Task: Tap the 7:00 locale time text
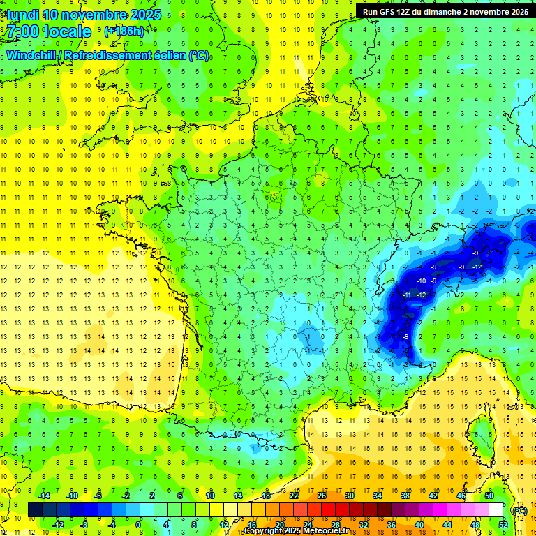(x=50, y=31)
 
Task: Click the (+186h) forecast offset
(x=124, y=31)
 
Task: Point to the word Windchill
(x=32, y=55)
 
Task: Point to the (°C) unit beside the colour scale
(x=519, y=510)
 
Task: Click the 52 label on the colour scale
(x=503, y=525)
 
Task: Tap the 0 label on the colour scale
(x=138, y=525)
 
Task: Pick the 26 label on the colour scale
(x=322, y=496)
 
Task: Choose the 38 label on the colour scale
(x=405, y=496)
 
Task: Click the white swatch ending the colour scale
(x=496, y=510)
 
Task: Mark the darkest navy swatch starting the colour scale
(x=35, y=510)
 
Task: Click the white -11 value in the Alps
(x=408, y=295)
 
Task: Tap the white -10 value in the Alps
(x=422, y=281)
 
